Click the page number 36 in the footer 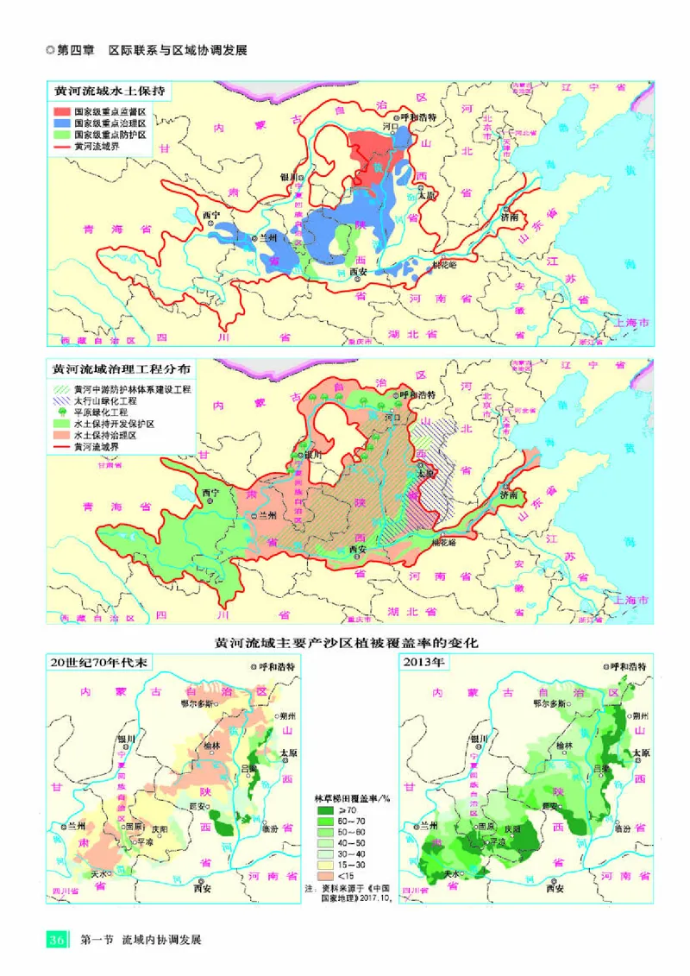point(56,939)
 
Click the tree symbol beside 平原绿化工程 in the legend point(60,412)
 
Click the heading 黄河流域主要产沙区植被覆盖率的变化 point(346,644)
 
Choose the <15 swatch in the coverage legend point(323,874)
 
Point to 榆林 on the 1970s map point(212,745)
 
